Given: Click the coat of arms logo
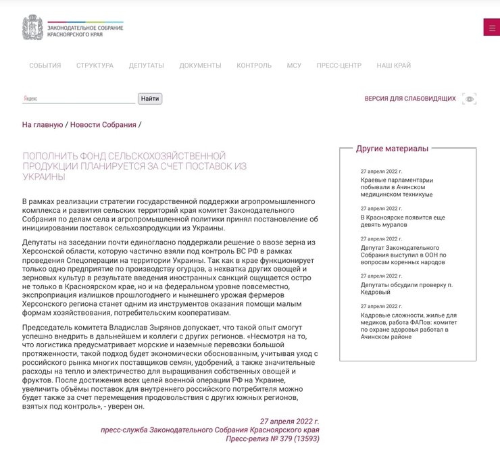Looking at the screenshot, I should click(31, 27).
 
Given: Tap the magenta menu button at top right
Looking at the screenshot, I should click(491, 27).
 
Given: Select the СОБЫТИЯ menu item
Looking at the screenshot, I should click(45, 66).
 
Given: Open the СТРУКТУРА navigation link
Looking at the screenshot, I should click(95, 66).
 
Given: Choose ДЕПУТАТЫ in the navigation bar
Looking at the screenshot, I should click(146, 66).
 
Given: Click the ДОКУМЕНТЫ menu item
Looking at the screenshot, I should click(200, 66).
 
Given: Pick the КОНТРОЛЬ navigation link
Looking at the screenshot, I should click(254, 66).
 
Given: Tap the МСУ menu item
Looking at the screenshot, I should click(294, 66).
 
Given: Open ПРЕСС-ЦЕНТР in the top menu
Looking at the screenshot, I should click(339, 66).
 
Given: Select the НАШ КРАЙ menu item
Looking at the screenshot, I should click(393, 66).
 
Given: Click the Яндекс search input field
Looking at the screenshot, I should click(78, 99).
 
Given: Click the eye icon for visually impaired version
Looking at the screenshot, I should click(470, 99).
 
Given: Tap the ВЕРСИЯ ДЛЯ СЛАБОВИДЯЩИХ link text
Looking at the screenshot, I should click(410, 99).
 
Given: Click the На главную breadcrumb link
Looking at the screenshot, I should click(43, 125).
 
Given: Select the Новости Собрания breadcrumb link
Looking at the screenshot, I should click(103, 125).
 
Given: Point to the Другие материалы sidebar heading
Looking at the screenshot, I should click(392, 149).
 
